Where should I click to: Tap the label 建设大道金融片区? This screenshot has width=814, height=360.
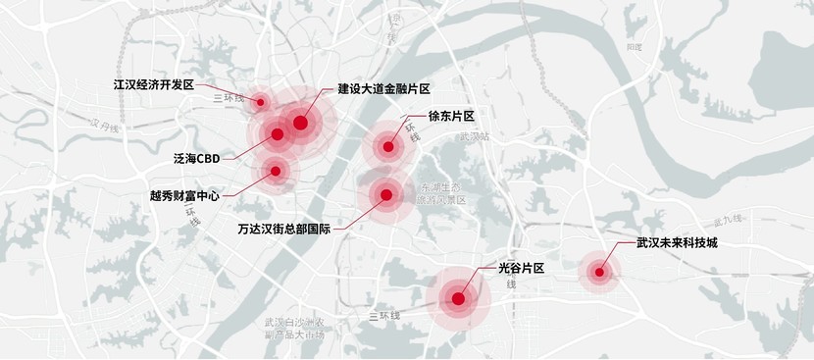[x=384, y=88]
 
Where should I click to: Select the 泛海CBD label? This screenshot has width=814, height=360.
[x=196, y=158]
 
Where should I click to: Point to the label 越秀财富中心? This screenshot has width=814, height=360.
[x=184, y=195]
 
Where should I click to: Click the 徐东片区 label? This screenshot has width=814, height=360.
[x=451, y=116]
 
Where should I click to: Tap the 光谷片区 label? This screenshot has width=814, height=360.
[x=521, y=267]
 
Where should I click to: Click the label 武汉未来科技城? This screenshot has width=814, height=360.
[x=677, y=241]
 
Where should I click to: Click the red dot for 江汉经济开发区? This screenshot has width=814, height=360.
[x=261, y=102]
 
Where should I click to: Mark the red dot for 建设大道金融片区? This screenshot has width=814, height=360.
[x=300, y=123]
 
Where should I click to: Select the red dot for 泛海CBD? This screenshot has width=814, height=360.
[x=278, y=133]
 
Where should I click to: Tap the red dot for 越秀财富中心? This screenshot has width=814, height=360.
[x=276, y=171]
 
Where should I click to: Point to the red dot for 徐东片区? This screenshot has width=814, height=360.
[x=388, y=148]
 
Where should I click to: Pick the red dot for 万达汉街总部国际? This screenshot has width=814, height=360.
[x=386, y=195]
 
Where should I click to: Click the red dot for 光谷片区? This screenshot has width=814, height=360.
[x=458, y=297]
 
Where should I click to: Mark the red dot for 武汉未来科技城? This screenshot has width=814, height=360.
[x=596, y=273]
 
